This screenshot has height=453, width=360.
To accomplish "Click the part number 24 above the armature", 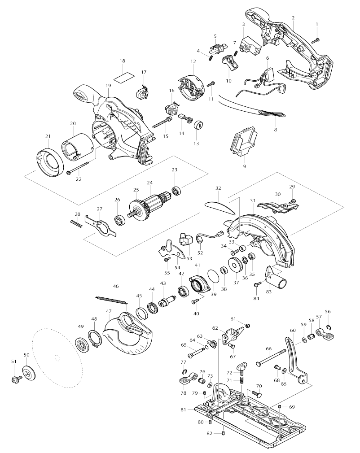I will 149,183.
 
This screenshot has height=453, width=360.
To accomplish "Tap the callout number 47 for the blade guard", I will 109,311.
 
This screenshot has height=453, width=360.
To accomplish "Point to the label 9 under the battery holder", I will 245,166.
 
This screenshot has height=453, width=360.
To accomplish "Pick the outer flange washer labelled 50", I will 29,374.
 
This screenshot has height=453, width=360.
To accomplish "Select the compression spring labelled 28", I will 76,223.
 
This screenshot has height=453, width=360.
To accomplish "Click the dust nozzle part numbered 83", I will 276,279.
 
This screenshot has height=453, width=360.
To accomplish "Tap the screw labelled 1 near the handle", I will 316,39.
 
